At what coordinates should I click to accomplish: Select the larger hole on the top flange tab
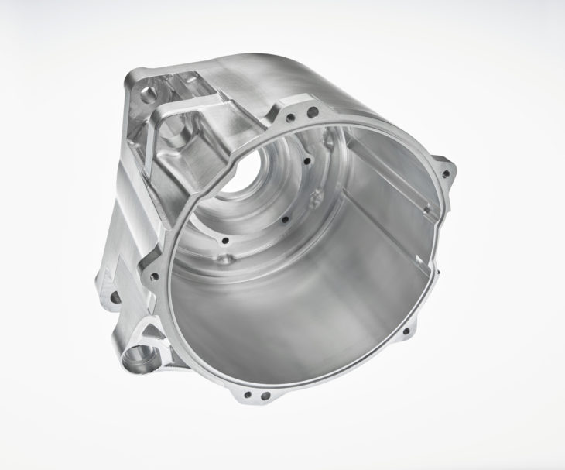click(312, 112)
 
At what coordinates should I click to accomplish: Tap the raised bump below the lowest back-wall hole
click(224, 259)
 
